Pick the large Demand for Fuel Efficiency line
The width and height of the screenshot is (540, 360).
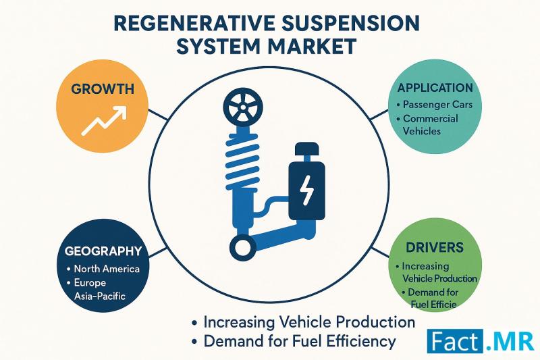tap(300, 341)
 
